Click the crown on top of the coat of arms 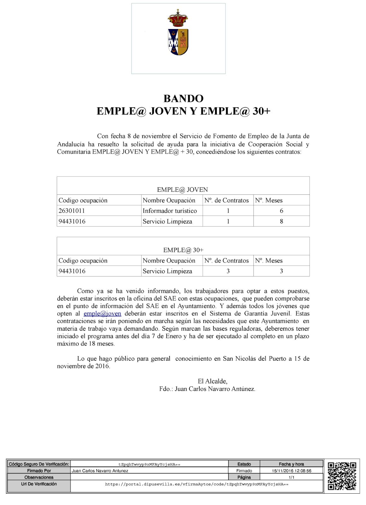coord(178,19)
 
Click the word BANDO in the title coord(183,98)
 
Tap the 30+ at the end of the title coord(261,111)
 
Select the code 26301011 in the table coord(72,211)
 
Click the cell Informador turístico coord(170,211)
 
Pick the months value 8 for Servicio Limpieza coord(281,222)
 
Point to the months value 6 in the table coord(281,211)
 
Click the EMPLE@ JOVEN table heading coord(182,190)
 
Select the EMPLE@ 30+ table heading coord(183,250)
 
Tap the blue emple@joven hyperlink coord(102,314)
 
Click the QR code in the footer coord(342,476)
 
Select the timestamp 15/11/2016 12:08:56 coord(291,471)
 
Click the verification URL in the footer coord(196,484)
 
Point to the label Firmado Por coord(39,471)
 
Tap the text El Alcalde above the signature coord(212,381)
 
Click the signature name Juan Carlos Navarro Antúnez coord(215,389)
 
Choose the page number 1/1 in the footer coord(291,477)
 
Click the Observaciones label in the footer coord(39,477)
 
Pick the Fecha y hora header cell coord(291,464)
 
